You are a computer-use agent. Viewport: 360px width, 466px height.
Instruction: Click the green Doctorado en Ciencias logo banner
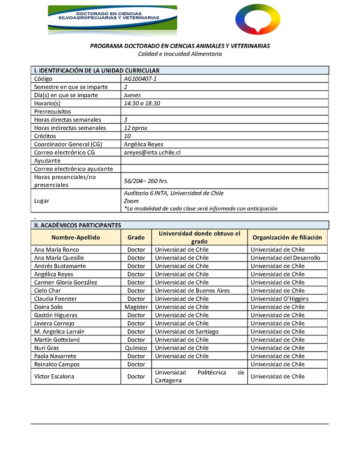tap(112, 18)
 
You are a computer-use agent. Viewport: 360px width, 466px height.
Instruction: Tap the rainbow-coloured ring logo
tap(257, 18)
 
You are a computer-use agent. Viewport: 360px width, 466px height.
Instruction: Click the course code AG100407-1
tap(140, 78)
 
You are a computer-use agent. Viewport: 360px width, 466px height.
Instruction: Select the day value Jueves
tap(132, 95)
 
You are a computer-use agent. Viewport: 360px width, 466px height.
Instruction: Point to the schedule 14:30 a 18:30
tap(142, 103)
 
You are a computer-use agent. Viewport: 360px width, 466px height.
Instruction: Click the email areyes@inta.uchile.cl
tap(152, 152)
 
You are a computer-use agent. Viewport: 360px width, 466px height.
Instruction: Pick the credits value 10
tap(127, 136)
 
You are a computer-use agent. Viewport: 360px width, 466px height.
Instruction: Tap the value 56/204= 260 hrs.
tap(146, 181)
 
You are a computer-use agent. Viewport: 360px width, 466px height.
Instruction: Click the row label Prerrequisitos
tap(52, 111)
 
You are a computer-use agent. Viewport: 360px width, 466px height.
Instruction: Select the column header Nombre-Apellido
tap(76, 237)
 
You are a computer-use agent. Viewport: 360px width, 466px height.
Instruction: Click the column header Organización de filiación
tap(287, 237)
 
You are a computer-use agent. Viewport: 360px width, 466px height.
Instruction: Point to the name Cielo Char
tap(47, 290)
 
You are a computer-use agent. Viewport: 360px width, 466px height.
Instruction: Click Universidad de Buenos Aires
tap(192, 290)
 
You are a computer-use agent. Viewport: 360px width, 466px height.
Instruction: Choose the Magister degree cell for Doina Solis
tap(136, 307)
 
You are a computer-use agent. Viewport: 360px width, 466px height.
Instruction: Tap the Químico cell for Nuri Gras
tap(136, 348)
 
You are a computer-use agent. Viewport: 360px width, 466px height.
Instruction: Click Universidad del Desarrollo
tap(285, 258)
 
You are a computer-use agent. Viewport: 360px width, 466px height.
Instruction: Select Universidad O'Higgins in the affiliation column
tap(279, 299)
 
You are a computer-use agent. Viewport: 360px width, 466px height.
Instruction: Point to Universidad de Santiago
tap(187, 331)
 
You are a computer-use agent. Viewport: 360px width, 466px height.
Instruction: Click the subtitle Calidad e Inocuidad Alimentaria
tap(180, 54)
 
